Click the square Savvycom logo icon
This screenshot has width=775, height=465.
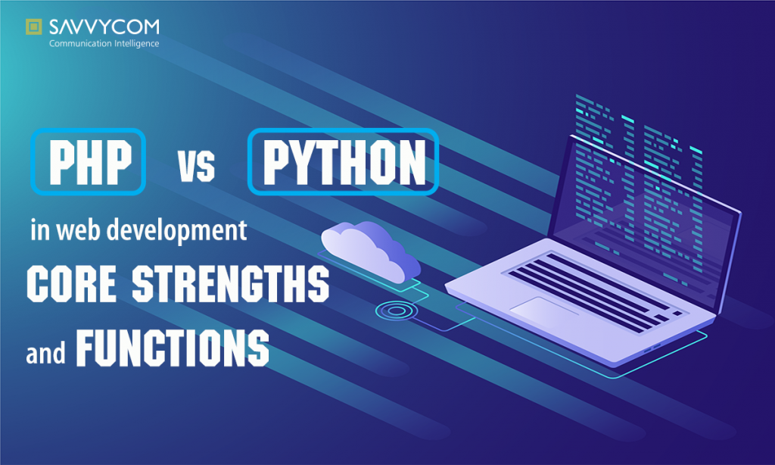pyautogui.click(x=33, y=28)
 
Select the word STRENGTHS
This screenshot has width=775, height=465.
pyautogui.click(x=230, y=283)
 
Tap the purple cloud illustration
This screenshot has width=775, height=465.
pyautogui.click(x=371, y=248)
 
